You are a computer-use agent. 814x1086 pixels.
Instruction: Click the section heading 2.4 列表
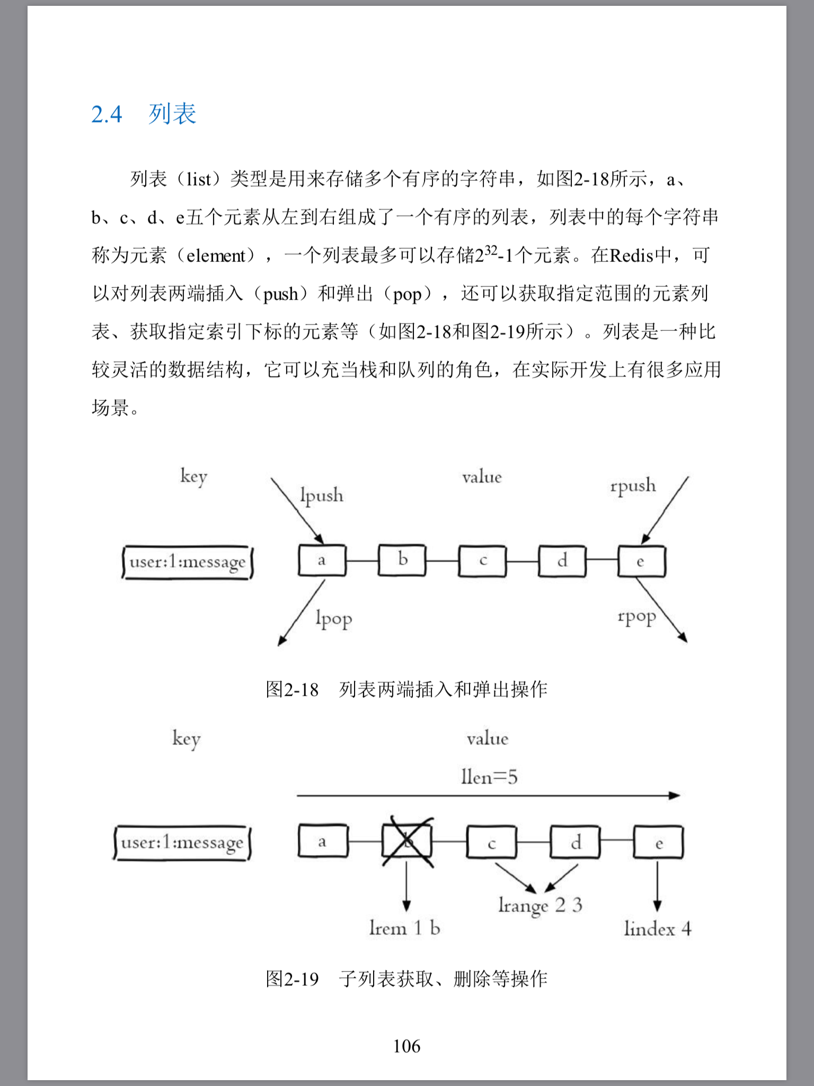tap(144, 114)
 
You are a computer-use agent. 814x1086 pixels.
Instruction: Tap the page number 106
tap(406, 1046)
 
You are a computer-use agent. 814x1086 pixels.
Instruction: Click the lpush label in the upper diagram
tap(321, 495)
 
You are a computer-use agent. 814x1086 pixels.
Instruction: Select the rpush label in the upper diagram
tap(633, 486)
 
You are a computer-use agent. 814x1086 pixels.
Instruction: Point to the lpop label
tap(333, 618)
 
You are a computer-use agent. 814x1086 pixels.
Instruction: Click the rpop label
tap(636, 617)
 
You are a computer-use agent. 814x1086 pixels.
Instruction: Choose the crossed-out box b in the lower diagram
tap(407, 842)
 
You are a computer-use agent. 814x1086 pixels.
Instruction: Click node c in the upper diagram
tap(482, 560)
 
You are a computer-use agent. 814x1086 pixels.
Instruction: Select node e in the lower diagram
tap(659, 842)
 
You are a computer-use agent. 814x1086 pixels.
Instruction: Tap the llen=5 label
tap(489, 777)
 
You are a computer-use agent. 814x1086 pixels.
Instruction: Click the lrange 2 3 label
tap(540, 905)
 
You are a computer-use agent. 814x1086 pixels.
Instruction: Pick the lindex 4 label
tap(657, 929)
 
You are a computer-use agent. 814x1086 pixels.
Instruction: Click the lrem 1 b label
tap(405, 928)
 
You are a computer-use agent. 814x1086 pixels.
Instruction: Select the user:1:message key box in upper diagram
tap(187, 562)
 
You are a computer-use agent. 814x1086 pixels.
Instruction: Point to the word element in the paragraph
tap(216, 256)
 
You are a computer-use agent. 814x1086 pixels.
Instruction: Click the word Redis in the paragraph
tap(632, 256)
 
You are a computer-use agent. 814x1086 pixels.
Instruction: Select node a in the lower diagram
tap(323, 841)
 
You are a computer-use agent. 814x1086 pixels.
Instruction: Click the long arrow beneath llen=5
tap(488, 795)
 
